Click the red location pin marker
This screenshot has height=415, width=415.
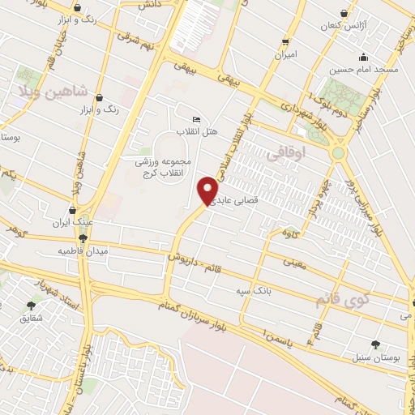point(208,190)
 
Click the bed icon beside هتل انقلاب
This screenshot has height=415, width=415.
point(195,119)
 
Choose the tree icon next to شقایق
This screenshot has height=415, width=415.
point(32,306)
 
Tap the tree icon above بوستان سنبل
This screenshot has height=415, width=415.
point(374,344)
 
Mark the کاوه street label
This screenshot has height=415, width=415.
point(289,234)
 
